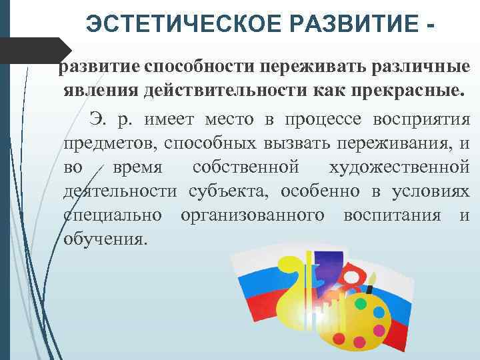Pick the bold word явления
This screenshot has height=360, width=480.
coord(103,91)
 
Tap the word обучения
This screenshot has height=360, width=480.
coord(104,239)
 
